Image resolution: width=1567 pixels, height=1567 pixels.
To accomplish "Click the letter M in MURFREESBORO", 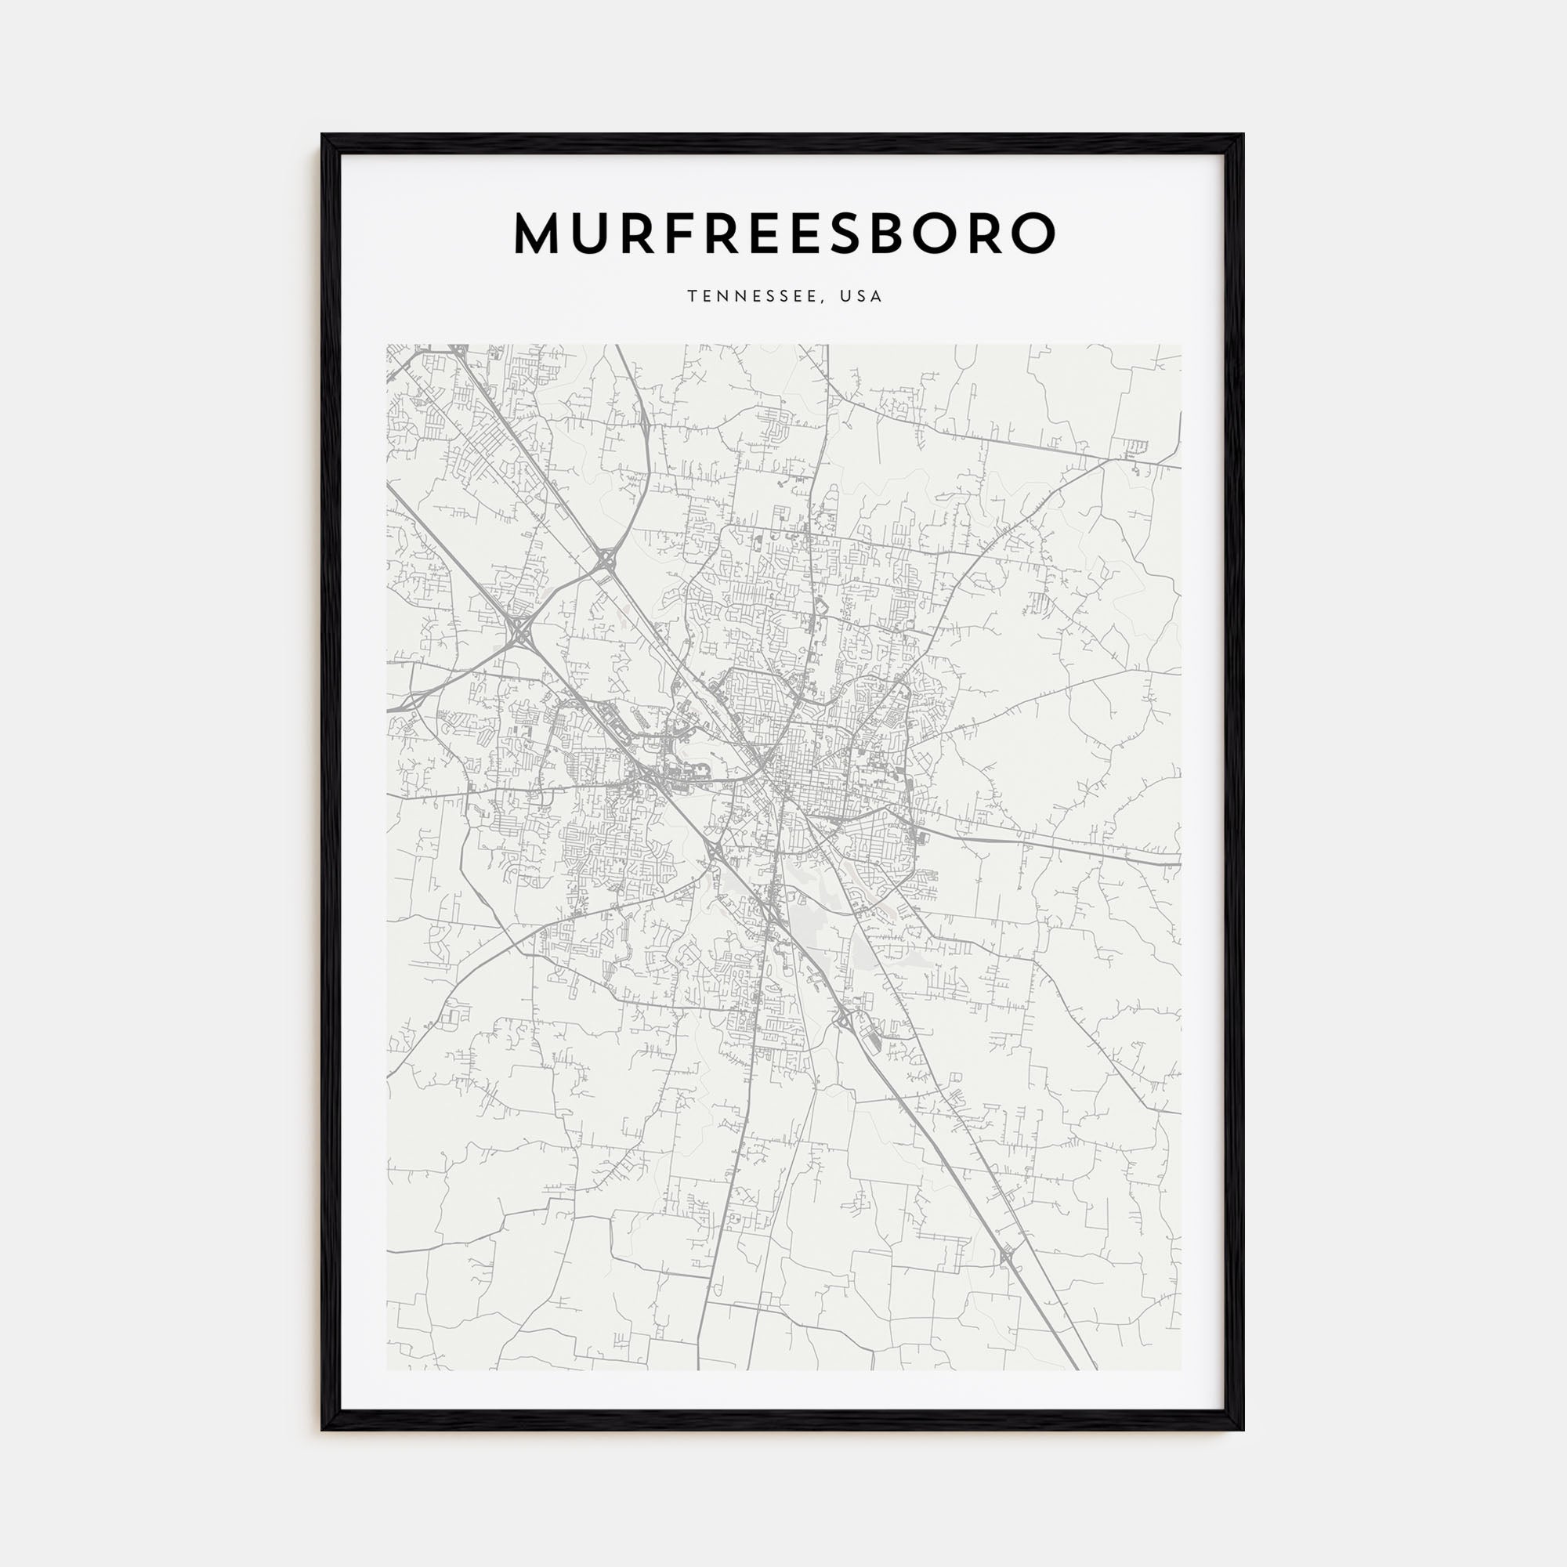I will (x=540, y=233).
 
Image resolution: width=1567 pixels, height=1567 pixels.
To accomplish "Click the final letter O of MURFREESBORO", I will (x=1032, y=233).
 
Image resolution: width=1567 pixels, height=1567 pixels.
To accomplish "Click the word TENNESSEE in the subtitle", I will (x=756, y=297).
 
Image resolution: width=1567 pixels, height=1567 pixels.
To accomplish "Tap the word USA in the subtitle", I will (x=860, y=297).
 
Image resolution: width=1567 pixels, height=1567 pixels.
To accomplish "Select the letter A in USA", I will (x=876, y=297).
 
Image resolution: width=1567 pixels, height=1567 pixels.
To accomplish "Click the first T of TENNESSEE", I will (x=692, y=297).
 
